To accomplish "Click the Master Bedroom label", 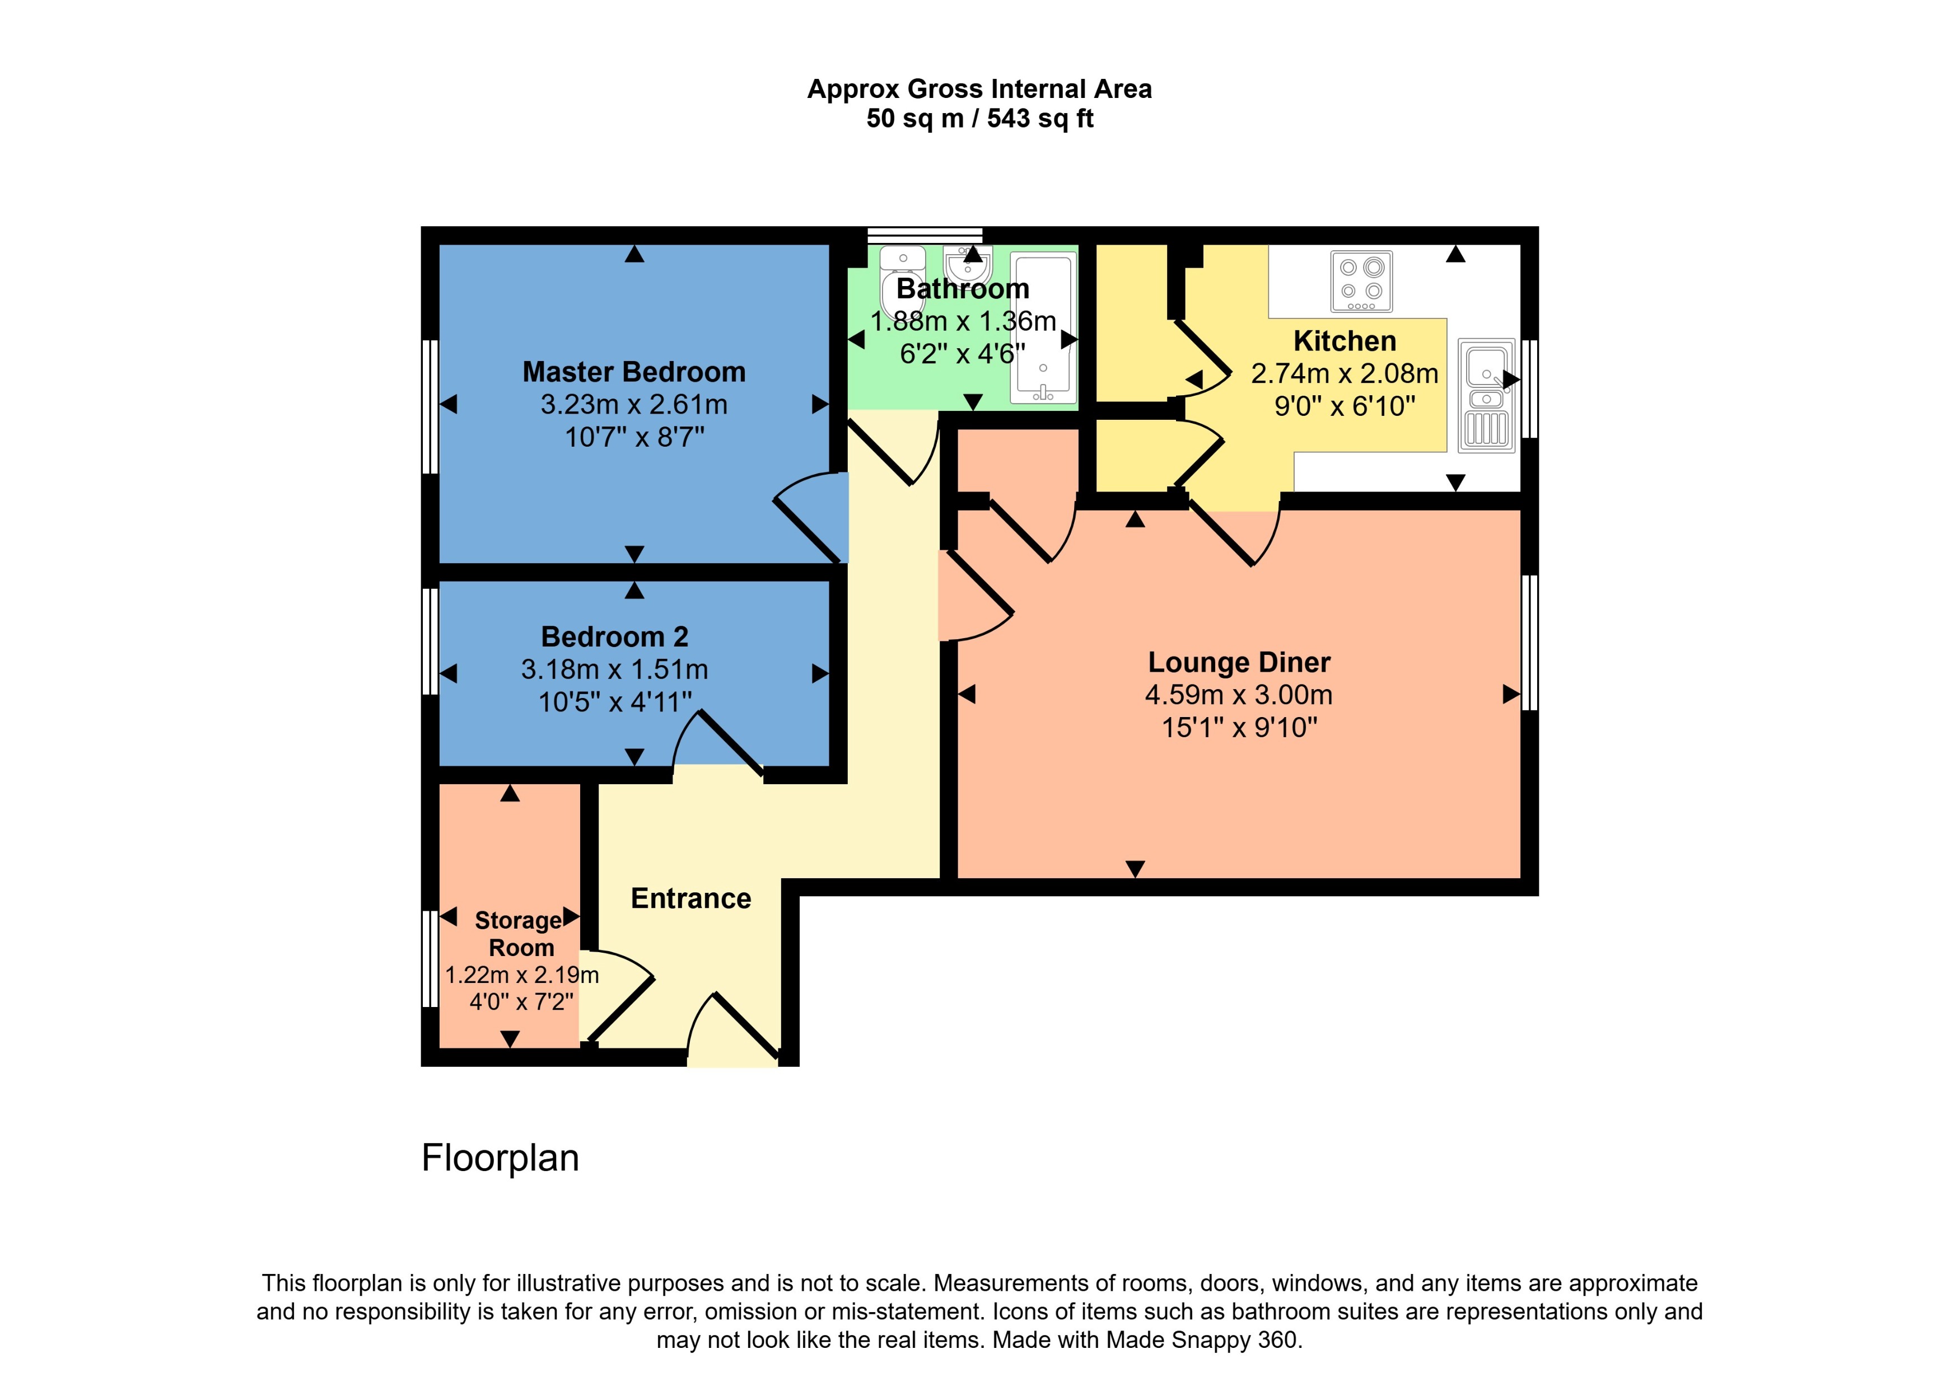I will [634, 372].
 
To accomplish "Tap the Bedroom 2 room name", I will [614, 636].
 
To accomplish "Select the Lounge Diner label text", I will [1239, 662].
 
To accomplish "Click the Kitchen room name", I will [1344, 341].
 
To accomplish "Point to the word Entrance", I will [690, 898].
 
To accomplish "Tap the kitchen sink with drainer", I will [1486, 394].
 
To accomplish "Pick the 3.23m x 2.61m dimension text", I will [634, 404].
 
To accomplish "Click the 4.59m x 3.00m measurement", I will [1239, 695].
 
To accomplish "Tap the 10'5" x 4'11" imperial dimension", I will [614, 702].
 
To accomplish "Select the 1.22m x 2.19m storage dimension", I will [522, 975].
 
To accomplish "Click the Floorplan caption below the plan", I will [500, 1158].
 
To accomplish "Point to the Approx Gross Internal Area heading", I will [979, 89].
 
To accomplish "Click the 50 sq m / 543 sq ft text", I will [979, 118].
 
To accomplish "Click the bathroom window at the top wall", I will [925, 234].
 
